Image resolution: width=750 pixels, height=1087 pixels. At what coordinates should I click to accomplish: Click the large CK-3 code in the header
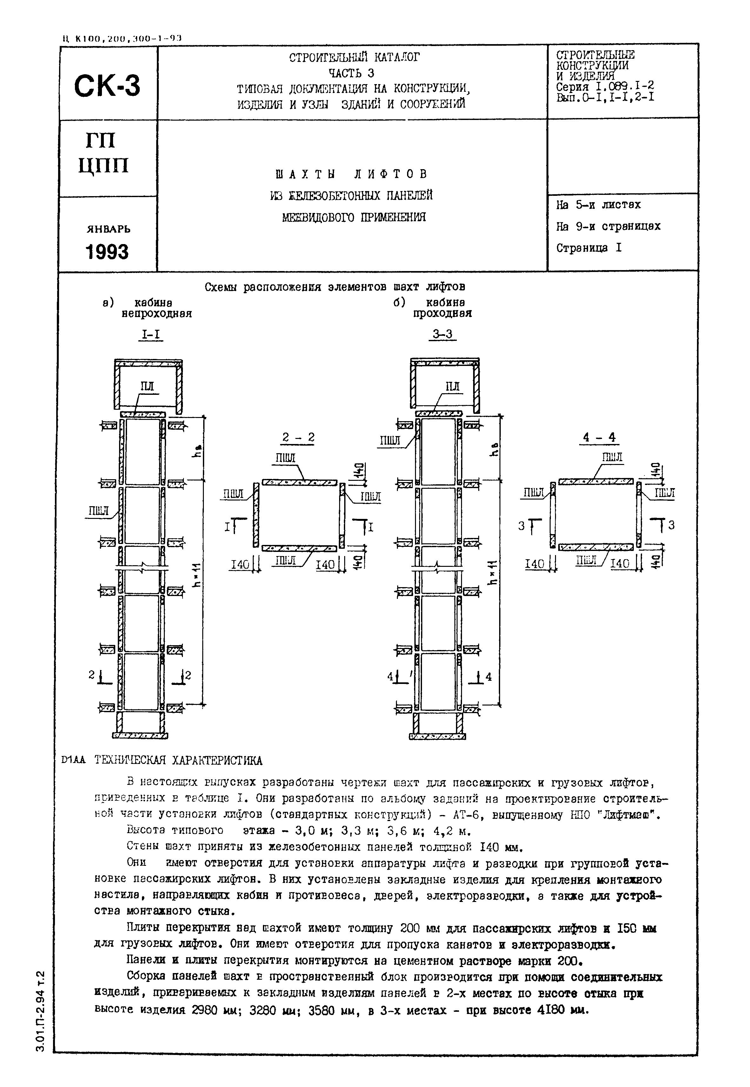(x=107, y=86)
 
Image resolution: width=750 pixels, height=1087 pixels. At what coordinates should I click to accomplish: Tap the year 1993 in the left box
(x=107, y=252)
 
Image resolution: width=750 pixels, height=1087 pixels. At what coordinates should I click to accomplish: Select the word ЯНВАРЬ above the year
(x=108, y=229)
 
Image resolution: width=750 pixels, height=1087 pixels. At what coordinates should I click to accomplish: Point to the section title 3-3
(x=443, y=335)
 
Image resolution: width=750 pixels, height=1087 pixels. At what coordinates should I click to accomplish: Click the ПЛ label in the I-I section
(x=147, y=387)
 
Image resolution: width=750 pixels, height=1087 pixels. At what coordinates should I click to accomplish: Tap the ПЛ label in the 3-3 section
(x=452, y=387)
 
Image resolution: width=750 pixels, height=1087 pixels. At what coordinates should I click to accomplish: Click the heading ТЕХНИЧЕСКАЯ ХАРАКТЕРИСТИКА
(x=178, y=760)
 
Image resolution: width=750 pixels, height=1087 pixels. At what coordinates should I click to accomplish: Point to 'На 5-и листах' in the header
(x=598, y=205)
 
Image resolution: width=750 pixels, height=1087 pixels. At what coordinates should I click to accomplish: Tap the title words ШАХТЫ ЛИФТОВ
(x=352, y=174)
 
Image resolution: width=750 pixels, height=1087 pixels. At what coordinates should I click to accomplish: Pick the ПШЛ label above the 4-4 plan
(x=612, y=457)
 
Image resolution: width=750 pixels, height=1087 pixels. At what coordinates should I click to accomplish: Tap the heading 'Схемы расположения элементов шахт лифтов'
(x=335, y=287)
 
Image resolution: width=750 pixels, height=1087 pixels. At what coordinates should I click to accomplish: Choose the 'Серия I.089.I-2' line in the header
(x=605, y=86)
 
